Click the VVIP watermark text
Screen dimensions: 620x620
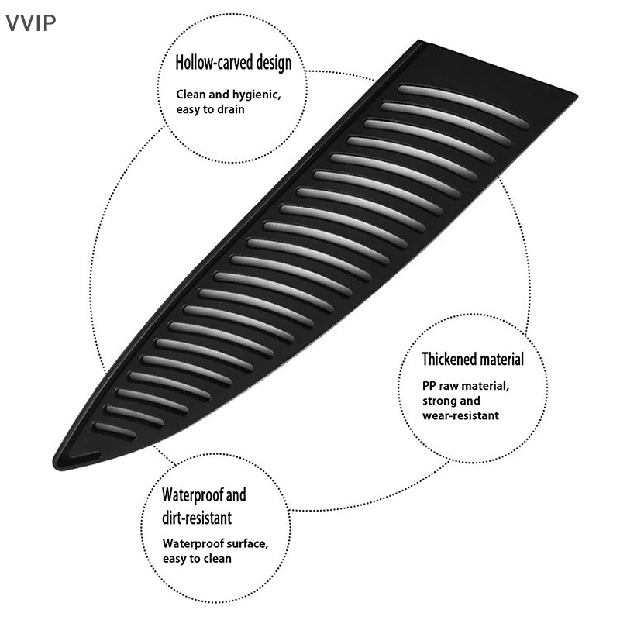[x=30, y=23]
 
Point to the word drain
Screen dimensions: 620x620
[x=229, y=109]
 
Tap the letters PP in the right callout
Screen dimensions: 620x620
[x=429, y=386]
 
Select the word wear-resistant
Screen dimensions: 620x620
[x=460, y=415]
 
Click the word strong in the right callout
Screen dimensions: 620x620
[x=437, y=401]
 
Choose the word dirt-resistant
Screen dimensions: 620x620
[x=197, y=518]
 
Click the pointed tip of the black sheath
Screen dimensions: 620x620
[x=54, y=464]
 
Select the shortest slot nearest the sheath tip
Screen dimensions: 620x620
[x=114, y=432]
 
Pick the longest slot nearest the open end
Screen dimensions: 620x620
[x=463, y=106]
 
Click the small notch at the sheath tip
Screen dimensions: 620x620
[x=84, y=457]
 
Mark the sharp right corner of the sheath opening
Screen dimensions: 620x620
[x=576, y=96]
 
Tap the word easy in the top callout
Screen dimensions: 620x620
[x=188, y=109]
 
